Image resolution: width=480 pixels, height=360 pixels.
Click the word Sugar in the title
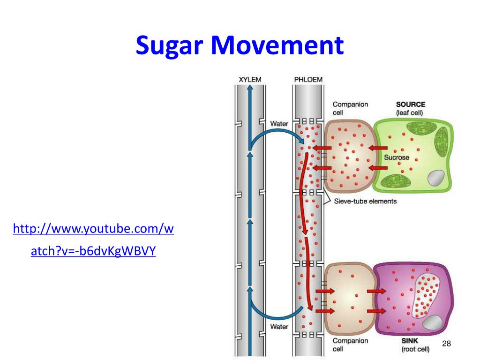170,46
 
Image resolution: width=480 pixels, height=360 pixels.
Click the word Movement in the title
277,45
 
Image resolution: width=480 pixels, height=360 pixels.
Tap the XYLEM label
250,80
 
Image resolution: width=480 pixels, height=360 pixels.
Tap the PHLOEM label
308,80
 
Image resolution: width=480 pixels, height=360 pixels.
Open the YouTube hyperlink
93,240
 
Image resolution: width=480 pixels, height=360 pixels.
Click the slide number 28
446,344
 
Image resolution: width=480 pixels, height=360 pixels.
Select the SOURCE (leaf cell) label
411,108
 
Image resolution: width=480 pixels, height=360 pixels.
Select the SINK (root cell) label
415,345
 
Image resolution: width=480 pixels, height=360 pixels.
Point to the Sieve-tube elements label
365,201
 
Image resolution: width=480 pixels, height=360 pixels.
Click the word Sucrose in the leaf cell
397,157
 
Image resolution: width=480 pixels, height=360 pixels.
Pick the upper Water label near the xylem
279,124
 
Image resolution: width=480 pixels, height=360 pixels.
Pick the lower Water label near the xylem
279,327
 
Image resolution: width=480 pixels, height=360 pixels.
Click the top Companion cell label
350,108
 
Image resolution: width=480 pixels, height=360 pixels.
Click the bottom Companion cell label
350,345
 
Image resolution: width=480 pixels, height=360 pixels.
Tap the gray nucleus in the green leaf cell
436,178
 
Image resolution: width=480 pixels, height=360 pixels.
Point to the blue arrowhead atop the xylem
250,88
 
